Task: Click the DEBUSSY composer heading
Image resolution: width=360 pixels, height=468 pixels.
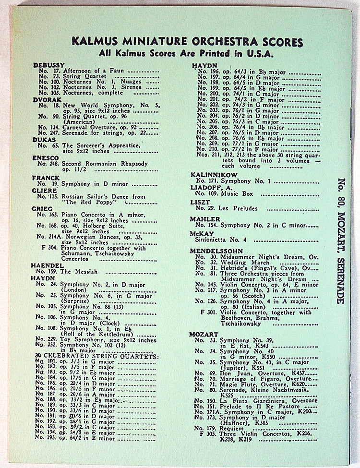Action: tap(49, 65)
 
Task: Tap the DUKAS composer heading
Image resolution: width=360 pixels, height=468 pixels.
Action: tap(46, 140)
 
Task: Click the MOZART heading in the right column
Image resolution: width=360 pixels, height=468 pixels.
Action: tap(204, 334)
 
